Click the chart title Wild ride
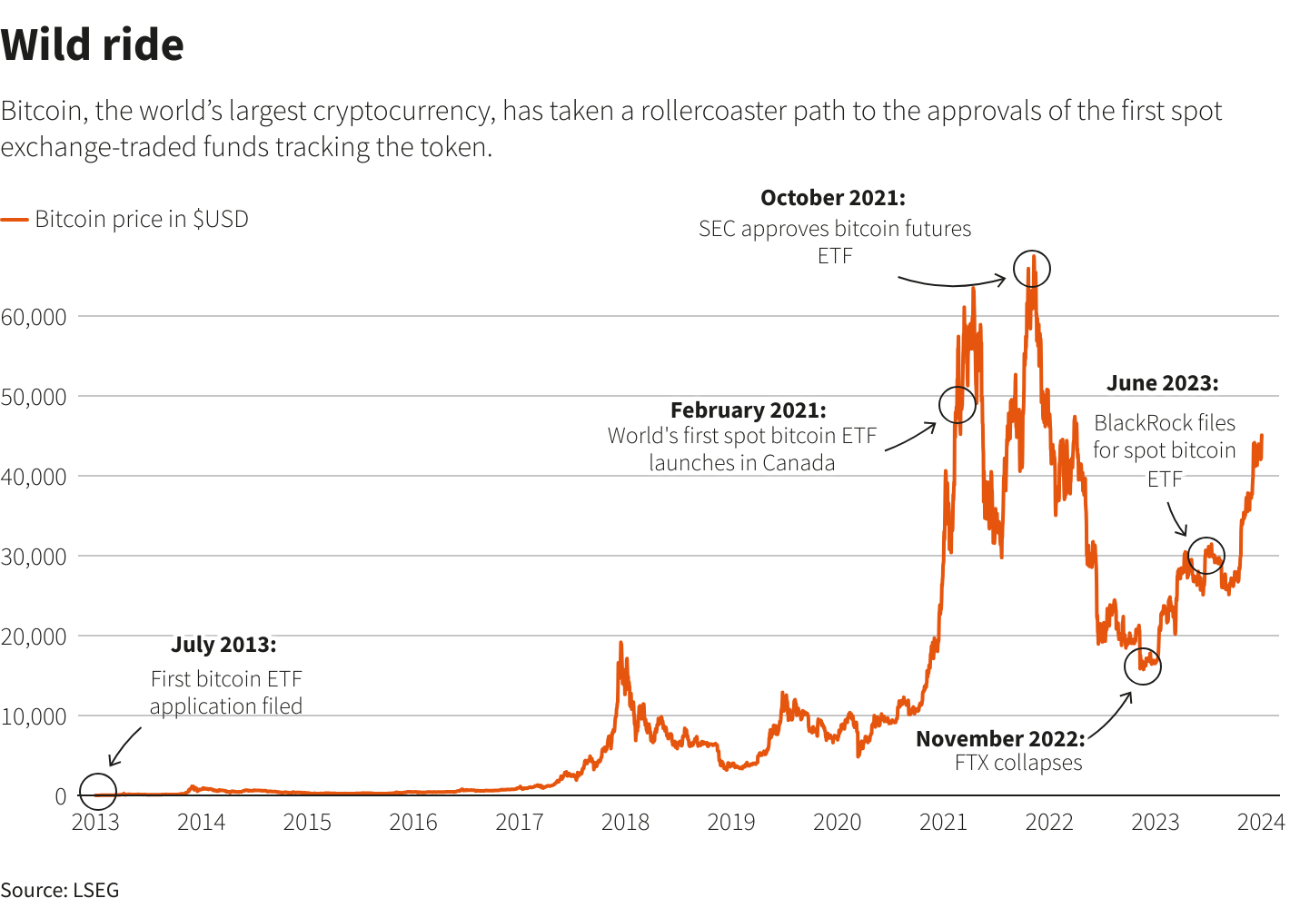coord(93,45)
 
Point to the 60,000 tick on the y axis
coord(34,317)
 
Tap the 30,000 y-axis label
coord(34,557)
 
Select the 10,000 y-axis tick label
coord(34,716)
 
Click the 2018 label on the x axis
coord(625,823)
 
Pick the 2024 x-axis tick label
coord(1261,823)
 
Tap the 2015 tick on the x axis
coord(307,823)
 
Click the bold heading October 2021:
coord(833,198)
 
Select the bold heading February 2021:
coord(749,410)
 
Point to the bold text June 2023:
coord(1163,383)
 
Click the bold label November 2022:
coord(1000,739)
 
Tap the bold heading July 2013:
coord(223,645)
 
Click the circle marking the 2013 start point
coord(98,792)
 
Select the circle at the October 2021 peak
coord(1031,269)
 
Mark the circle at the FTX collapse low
coord(1142,666)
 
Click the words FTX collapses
coord(1018,764)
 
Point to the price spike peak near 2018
coord(620,644)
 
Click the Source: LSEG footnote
coord(60,890)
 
